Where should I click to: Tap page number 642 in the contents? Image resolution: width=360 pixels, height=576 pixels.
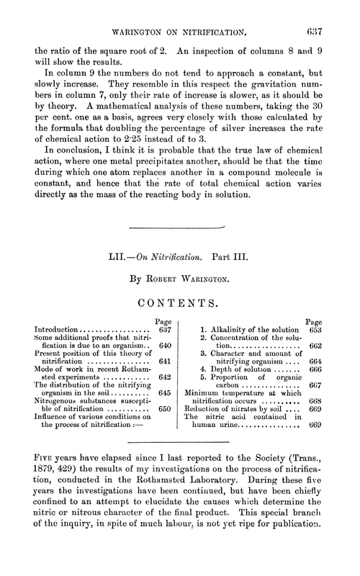point(163,378)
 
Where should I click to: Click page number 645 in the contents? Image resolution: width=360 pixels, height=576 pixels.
point(163,395)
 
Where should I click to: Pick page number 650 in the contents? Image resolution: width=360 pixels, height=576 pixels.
point(163,411)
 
